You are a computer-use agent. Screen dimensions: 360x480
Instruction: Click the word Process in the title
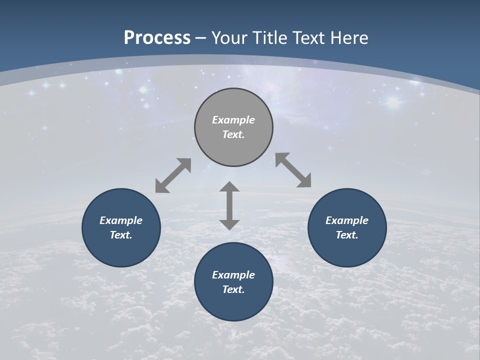coord(157,38)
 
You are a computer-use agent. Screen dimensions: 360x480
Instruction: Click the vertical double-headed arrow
coord(229,205)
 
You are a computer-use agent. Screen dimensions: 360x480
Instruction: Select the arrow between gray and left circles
coord(173,175)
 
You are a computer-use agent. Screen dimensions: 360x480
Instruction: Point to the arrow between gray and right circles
coord(293,170)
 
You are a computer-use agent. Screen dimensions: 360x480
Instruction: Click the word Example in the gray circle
coord(233,120)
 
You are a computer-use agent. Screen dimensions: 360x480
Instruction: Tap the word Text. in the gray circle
coord(233,134)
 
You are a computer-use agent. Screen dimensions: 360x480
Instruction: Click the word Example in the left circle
coord(121,220)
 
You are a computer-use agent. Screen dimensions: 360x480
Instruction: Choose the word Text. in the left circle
coord(121,235)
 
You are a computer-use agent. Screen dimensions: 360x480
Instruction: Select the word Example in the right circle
coord(347,220)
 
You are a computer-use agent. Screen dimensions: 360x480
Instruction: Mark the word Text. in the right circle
coord(347,235)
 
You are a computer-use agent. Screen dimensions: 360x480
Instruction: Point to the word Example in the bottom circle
coord(233,275)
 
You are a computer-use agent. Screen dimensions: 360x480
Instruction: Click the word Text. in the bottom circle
coord(233,289)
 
